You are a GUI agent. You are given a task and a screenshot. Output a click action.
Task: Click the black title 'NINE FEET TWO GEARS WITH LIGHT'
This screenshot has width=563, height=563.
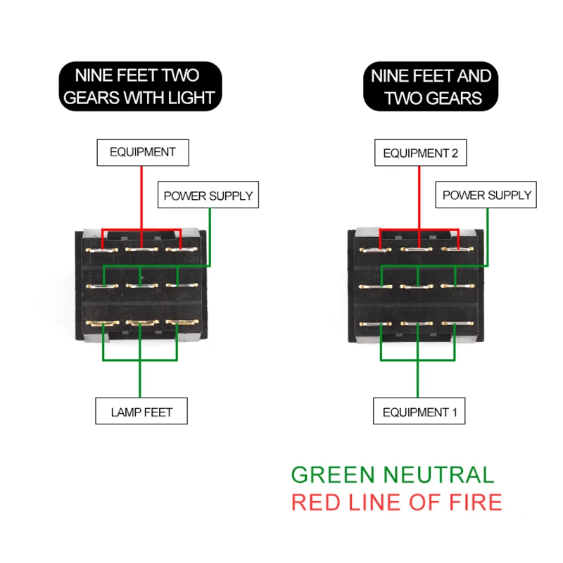(x=140, y=86)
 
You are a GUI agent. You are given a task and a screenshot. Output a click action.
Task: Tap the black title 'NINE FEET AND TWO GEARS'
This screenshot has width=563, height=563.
(x=431, y=86)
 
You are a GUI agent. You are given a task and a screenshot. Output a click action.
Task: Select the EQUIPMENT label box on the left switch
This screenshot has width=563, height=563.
(x=143, y=153)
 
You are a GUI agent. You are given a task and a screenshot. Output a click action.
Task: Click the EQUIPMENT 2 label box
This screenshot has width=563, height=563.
(x=420, y=153)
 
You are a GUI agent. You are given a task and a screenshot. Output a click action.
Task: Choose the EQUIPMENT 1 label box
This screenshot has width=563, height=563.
(x=419, y=411)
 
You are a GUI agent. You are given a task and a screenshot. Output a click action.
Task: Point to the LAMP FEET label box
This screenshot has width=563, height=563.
(x=141, y=411)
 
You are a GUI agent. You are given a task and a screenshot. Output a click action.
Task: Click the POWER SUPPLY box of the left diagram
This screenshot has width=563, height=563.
(x=208, y=195)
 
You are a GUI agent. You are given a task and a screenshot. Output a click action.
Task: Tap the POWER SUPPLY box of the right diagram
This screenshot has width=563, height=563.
(x=486, y=195)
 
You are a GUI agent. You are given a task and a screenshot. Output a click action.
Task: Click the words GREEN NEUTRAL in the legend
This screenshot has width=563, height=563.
(x=393, y=474)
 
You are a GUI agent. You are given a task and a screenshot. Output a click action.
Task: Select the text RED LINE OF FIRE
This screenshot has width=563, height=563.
(x=397, y=502)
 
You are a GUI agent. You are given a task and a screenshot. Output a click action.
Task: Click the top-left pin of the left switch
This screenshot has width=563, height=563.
(x=101, y=250)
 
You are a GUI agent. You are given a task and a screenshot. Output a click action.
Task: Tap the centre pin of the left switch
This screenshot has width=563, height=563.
(x=142, y=286)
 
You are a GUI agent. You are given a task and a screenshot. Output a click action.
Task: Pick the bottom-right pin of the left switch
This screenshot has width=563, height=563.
(x=182, y=323)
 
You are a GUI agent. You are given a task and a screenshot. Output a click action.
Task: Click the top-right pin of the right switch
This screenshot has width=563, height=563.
(x=457, y=249)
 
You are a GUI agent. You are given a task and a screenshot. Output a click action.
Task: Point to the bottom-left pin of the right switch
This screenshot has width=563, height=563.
(x=376, y=324)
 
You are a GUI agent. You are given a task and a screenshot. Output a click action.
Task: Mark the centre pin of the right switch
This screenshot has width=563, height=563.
(x=417, y=286)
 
